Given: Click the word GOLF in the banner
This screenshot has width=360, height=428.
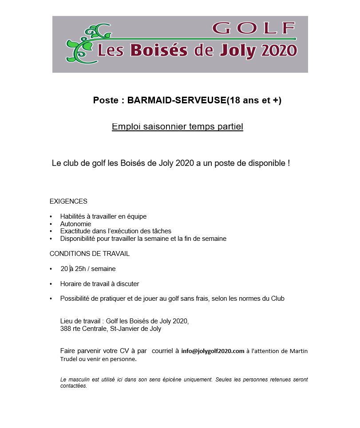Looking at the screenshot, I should (x=254, y=28).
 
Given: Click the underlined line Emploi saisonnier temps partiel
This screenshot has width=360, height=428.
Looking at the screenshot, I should (x=178, y=127).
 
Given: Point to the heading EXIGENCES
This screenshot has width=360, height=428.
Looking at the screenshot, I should (x=68, y=201).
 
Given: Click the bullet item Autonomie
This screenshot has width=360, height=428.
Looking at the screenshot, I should (x=75, y=224).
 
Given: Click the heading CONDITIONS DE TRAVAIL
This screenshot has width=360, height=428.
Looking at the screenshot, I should (x=90, y=254).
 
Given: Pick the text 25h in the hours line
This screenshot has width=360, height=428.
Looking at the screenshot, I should (x=81, y=269).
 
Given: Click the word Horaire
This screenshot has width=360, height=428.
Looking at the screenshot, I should (x=72, y=284).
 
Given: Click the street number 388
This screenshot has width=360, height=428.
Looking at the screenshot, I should (x=66, y=329).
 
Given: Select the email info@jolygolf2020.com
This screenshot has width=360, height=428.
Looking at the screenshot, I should (x=213, y=351).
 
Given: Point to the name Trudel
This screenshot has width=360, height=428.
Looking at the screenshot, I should (x=69, y=359).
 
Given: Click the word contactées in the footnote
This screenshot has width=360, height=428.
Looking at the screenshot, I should (x=74, y=386).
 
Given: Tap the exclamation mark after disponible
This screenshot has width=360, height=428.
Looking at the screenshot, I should (x=289, y=163).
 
